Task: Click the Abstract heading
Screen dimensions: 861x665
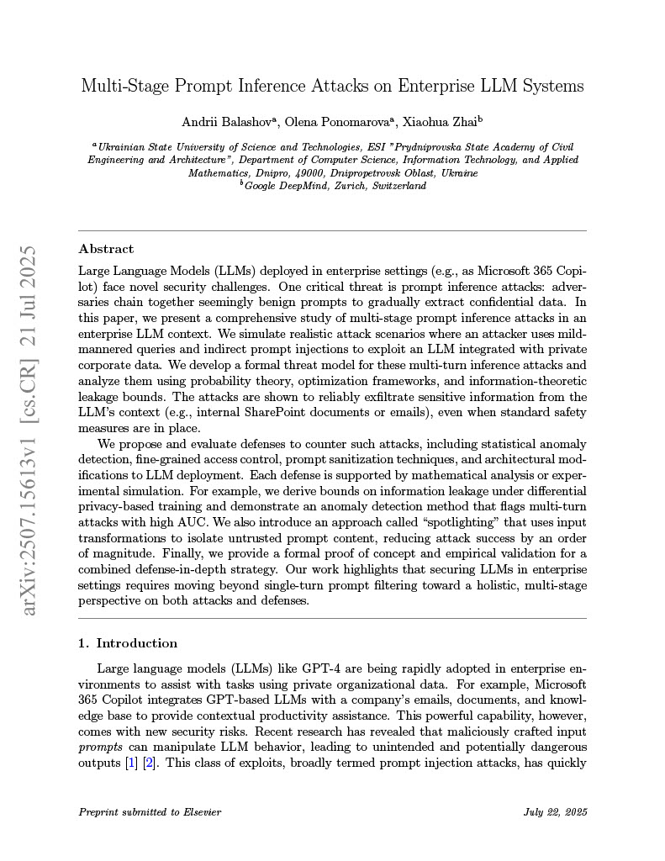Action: [106, 249]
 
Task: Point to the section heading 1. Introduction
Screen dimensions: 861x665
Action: [128, 643]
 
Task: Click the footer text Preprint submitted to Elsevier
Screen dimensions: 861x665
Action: [150, 812]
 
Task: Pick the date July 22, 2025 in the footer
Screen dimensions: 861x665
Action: [555, 812]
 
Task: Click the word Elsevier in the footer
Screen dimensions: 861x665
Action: [199, 812]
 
